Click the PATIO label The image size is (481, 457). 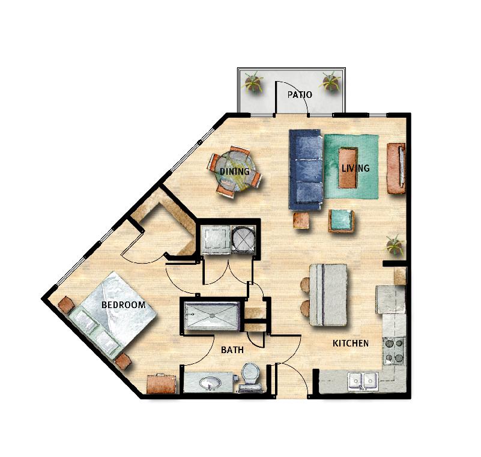tap(300, 94)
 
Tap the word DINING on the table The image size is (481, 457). tap(235, 172)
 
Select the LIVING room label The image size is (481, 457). tap(355, 168)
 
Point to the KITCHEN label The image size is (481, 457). tap(351, 344)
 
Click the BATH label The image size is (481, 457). tap(232, 350)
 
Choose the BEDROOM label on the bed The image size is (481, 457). tap(123, 305)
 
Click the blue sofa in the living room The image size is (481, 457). tap(306, 169)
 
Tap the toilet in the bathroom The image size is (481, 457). tap(250, 377)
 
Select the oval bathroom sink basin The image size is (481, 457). tap(210, 383)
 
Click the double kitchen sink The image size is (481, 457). tap(363, 381)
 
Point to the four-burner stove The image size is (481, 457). tap(394, 350)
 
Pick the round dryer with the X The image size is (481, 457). tap(243, 240)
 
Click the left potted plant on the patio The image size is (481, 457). tap(253, 82)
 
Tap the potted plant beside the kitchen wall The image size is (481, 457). tap(395, 246)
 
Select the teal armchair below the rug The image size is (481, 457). tap(341, 220)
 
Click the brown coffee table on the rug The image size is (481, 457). tap(348, 168)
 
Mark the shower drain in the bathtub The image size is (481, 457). tap(211, 315)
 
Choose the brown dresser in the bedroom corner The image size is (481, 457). tap(162, 383)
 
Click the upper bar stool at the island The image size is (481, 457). tap(306, 284)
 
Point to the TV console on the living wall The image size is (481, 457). tap(396, 168)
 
